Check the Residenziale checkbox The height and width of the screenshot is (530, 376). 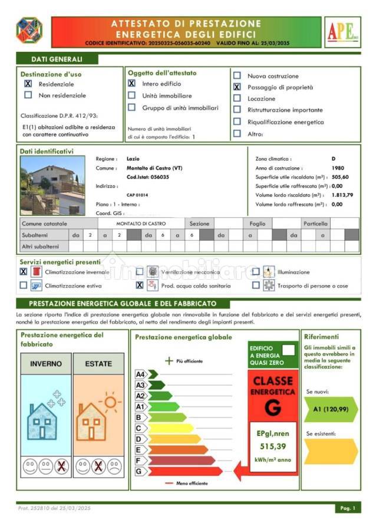coord(28,84)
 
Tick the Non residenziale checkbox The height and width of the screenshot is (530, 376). coord(28,95)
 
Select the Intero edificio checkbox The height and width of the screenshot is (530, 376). coord(131,84)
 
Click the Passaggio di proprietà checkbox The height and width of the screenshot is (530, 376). coord(237,87)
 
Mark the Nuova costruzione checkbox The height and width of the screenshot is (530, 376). coord(237,76)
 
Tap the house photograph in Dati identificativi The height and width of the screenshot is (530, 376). coord(52,185)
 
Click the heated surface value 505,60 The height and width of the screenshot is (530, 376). coord(340,177)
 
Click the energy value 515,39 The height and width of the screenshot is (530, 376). coord(272,446)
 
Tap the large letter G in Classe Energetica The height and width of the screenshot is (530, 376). coord(272,406)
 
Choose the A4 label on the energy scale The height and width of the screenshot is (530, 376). coord(140,374)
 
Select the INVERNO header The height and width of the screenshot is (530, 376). coord(46,363)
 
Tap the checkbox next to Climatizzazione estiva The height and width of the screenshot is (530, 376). coord(24,286)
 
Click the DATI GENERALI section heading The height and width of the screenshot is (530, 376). coord(57,59)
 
